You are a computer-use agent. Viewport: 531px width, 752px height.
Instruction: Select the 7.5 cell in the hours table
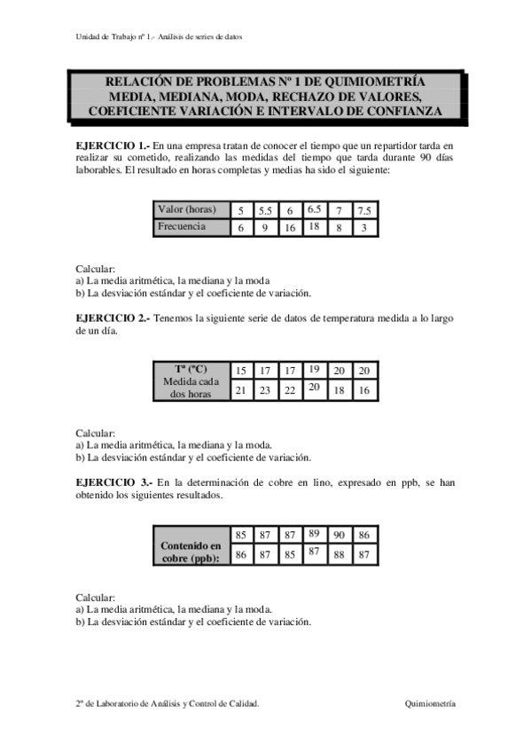pos(363,211)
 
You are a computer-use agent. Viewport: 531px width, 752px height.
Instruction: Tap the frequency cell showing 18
pos(314,226)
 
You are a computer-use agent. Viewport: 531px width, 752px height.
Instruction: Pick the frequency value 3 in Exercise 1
pos(363,228)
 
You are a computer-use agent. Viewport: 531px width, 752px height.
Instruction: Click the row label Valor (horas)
pos(187,210)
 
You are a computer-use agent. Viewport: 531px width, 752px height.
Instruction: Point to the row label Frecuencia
pos(182,227)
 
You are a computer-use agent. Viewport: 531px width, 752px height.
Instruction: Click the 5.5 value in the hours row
pos(264,211)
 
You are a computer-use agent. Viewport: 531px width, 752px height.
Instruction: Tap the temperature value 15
pos(240,371)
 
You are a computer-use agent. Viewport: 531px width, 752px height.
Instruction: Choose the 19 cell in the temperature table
pos(314,369)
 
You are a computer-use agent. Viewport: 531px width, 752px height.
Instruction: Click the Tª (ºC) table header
pos(190,369)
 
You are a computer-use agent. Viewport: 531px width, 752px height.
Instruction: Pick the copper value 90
pos(339,535)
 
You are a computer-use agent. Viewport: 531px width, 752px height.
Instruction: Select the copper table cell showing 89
pos(314,533)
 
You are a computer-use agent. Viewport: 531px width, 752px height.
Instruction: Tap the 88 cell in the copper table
pos(339,555)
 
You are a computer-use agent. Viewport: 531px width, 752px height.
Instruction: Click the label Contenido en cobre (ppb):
pos(190,552)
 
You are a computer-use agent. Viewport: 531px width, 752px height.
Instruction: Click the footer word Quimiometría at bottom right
pos(430,702)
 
